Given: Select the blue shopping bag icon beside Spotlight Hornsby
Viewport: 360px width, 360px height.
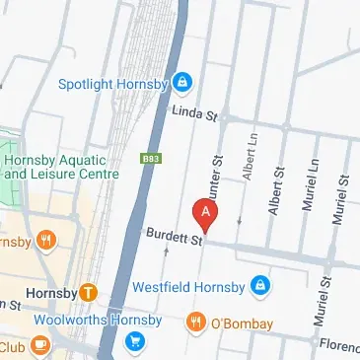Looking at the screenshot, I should point(183,80).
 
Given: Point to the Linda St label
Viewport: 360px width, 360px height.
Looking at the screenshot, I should point(193,114).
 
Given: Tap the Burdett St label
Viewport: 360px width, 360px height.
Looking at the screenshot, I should point(173,237).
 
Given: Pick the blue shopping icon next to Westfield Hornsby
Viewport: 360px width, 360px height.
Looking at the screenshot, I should point(258,286).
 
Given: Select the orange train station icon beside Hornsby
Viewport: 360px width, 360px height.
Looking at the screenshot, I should point(89,292).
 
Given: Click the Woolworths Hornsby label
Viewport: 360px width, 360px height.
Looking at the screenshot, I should point(97,321).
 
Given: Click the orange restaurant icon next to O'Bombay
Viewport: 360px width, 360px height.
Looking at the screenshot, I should point(195,323).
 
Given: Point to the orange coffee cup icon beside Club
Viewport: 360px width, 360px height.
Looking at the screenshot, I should point(40,345).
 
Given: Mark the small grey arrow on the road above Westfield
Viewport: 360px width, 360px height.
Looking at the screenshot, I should point(166,252).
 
